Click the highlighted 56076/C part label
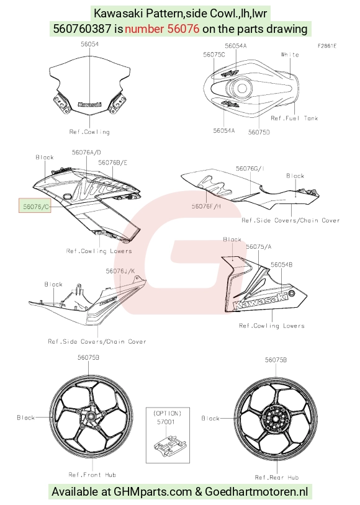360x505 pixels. click(x=35, y=207)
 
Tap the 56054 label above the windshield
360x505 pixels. click(x=89, y=44)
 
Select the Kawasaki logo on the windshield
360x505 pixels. click(x=89, y=104)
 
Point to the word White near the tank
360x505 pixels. click(x=290, y=55)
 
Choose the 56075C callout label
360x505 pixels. click(x=214, y=55)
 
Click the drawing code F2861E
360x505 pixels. click(x=327, y=46)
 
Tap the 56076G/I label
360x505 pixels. click(x=250, y=169)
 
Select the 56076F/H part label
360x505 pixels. click(x=206, y=206)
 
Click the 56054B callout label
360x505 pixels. click(x=282, y=264)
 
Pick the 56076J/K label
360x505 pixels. click(x=120, y=271)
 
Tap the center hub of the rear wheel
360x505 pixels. click(x=276, y=419)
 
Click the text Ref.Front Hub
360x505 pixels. click(x=92, y=475)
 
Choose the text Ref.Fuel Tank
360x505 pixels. click(x=294, y=118)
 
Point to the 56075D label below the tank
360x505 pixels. click(x=259, y=132)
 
